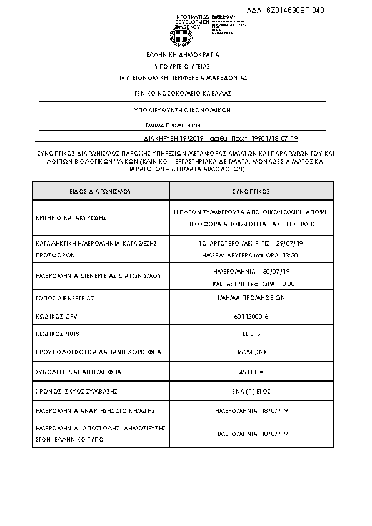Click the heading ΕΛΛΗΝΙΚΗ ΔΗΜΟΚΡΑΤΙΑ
183,55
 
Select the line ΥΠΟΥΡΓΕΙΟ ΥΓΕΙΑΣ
183,66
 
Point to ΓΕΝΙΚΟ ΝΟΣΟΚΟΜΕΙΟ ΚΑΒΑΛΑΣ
183,93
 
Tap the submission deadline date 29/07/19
288,244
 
